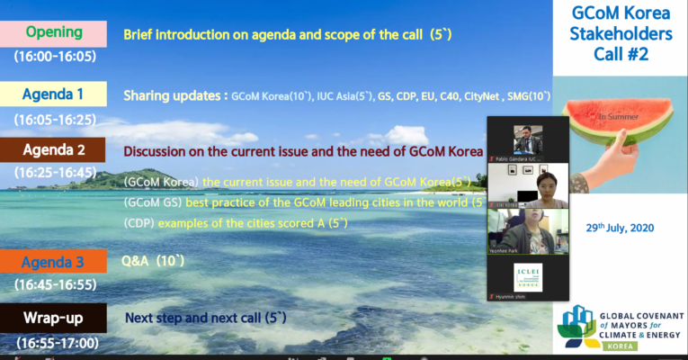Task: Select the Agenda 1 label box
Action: pyautogui.click(x=54, y=94)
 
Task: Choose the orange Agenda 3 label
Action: pyautogui.click(x=54, y=261)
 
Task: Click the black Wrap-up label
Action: pyautogui.click(x=54, y=318)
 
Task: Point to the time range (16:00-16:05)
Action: pyautogui.click(x=54, y=56)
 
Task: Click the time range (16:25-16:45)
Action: pyautogui.click(x=54, y=172)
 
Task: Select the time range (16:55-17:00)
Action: pyautogui.click(x=54, y=342)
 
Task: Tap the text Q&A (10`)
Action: pyautogui.click(x=154, y=261)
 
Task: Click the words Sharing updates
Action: pyautogui.click(x=174, y=94)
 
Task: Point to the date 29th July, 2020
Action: pyautogui.click(x=620, y=227)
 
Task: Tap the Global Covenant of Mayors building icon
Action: pyautogui.click(x=576, y=326)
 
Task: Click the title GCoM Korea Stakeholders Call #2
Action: pyautogui.click(x=621, y=34)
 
